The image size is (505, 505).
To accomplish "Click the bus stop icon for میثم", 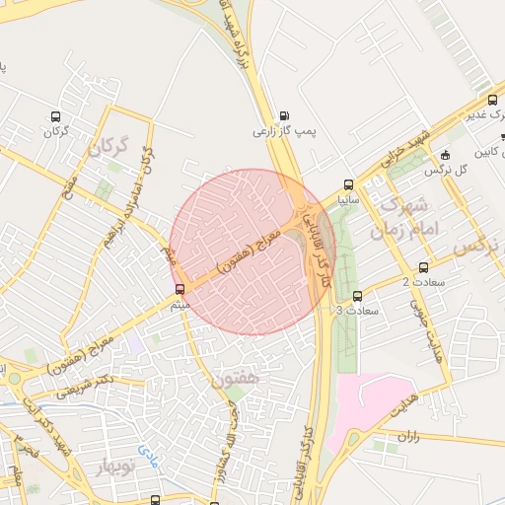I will pos(180,290).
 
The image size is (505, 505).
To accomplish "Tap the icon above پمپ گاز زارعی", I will pos(285,116).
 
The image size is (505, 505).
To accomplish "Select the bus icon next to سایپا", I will pos(348,184).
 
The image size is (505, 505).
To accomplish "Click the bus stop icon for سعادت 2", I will pos(423,267).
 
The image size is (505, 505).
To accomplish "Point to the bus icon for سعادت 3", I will pos(357,296).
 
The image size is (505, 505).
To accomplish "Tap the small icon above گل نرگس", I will pos(445,155).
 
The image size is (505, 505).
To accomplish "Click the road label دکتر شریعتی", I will pos(86,386).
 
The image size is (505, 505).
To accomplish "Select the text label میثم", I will pos(180,304).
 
